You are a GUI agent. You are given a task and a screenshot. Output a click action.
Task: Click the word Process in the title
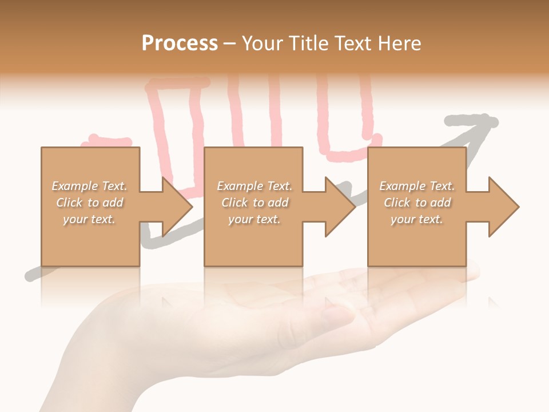180,43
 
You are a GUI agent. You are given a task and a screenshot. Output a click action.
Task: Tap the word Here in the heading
399,43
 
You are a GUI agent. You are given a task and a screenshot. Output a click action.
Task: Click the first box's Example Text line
90,186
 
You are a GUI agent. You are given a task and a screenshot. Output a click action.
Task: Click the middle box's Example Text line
254,186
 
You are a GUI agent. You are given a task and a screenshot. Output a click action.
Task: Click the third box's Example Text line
417,186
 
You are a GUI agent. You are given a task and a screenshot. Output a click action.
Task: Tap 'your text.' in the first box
89,219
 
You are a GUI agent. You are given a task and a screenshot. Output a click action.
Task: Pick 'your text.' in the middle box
254,219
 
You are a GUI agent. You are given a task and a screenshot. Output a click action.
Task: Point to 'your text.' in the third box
417,219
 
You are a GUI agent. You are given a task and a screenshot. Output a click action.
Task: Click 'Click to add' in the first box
90,203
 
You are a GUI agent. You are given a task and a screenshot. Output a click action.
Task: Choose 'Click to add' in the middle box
254,203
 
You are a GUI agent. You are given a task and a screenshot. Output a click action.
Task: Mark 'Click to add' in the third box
417,203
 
